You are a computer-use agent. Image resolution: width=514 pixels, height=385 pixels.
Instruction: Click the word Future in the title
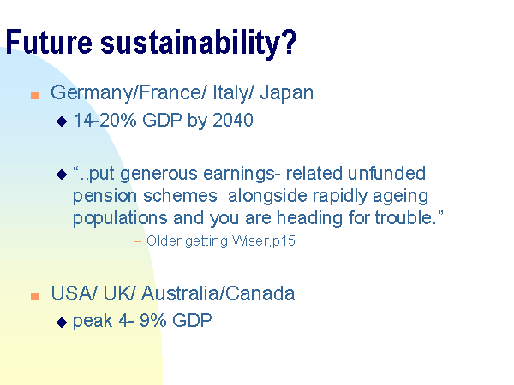49,42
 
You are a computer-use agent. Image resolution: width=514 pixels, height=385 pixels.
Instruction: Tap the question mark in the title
290,42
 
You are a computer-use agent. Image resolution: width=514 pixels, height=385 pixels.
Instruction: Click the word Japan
287,93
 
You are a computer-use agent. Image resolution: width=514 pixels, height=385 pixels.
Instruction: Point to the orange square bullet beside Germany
35,95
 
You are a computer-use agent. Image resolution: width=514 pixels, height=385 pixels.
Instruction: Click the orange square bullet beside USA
35,296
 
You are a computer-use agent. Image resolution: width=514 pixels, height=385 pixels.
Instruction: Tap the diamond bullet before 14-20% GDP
62,121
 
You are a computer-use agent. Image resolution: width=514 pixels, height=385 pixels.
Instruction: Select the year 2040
233,120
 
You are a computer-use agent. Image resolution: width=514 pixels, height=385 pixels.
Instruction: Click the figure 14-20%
105,120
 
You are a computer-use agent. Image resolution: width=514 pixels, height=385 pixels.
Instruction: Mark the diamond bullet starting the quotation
62,175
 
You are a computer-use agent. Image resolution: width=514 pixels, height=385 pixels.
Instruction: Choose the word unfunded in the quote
387,174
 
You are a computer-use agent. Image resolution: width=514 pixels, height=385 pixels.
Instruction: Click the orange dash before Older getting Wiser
137,242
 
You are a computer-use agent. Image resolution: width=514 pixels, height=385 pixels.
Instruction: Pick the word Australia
180,293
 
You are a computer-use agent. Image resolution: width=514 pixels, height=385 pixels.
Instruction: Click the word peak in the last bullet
93,321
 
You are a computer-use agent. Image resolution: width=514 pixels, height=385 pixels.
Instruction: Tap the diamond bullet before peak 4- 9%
62,323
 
